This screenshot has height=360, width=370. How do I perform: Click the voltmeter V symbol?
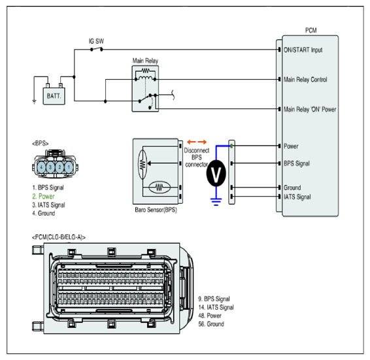click(216, 173)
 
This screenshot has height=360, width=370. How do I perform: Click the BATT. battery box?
click(54, 96)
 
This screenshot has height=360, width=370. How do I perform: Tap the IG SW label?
click(96, 41)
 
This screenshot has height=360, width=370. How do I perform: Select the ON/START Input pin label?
click(303, 50)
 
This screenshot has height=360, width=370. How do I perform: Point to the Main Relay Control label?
click(305, 80)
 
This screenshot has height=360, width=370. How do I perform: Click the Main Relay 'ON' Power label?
click(310, 109)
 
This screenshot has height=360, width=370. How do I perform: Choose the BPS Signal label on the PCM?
click(297, 163)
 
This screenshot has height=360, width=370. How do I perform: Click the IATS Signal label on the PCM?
click(297, 197)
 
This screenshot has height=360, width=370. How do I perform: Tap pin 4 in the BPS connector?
click(41, 167)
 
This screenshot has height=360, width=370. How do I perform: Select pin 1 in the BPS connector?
click(69, 167)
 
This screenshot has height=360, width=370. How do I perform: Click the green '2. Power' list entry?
click(43, 196)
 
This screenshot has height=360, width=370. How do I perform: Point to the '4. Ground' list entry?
click(44, 213)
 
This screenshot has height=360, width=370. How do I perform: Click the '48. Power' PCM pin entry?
click(210, 316)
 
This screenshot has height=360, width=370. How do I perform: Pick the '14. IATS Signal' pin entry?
click(216, 307)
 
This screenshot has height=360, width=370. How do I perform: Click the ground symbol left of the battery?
click(34, 102)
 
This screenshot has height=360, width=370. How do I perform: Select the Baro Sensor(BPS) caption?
click(156, 210)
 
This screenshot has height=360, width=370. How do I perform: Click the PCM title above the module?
click(311, 30)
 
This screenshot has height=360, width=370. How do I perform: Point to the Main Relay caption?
click(145, 61)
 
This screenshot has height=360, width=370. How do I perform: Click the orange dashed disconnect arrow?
click(197, 142)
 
